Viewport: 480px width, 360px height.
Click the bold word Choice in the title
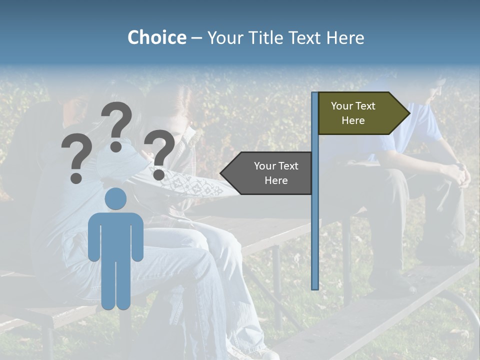[x=156, y=37]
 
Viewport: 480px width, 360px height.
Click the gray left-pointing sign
[x=270, y=173]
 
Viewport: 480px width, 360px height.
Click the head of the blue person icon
[x=115, y=198]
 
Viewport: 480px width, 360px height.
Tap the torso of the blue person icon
[x=115, y=235]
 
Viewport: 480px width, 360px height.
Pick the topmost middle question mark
[x=116, y=125]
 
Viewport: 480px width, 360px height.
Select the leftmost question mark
[x=76, y=159]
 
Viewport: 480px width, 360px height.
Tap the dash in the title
[x=196, y=38]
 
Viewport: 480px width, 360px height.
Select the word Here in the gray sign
[x=276, y=180]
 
